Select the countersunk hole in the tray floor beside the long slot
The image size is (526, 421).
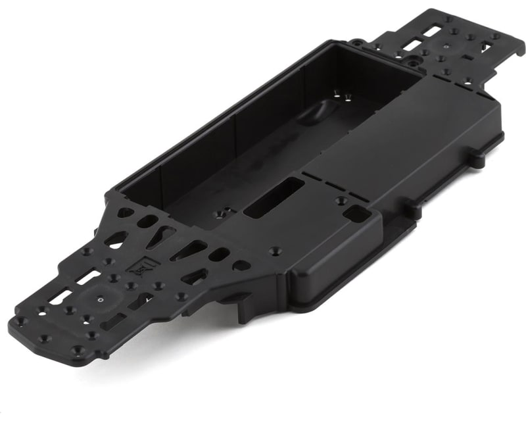pyautogui.click(x=222, y=213)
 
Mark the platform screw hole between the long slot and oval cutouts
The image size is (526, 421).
pyautogui.click(x=274, y=251)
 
